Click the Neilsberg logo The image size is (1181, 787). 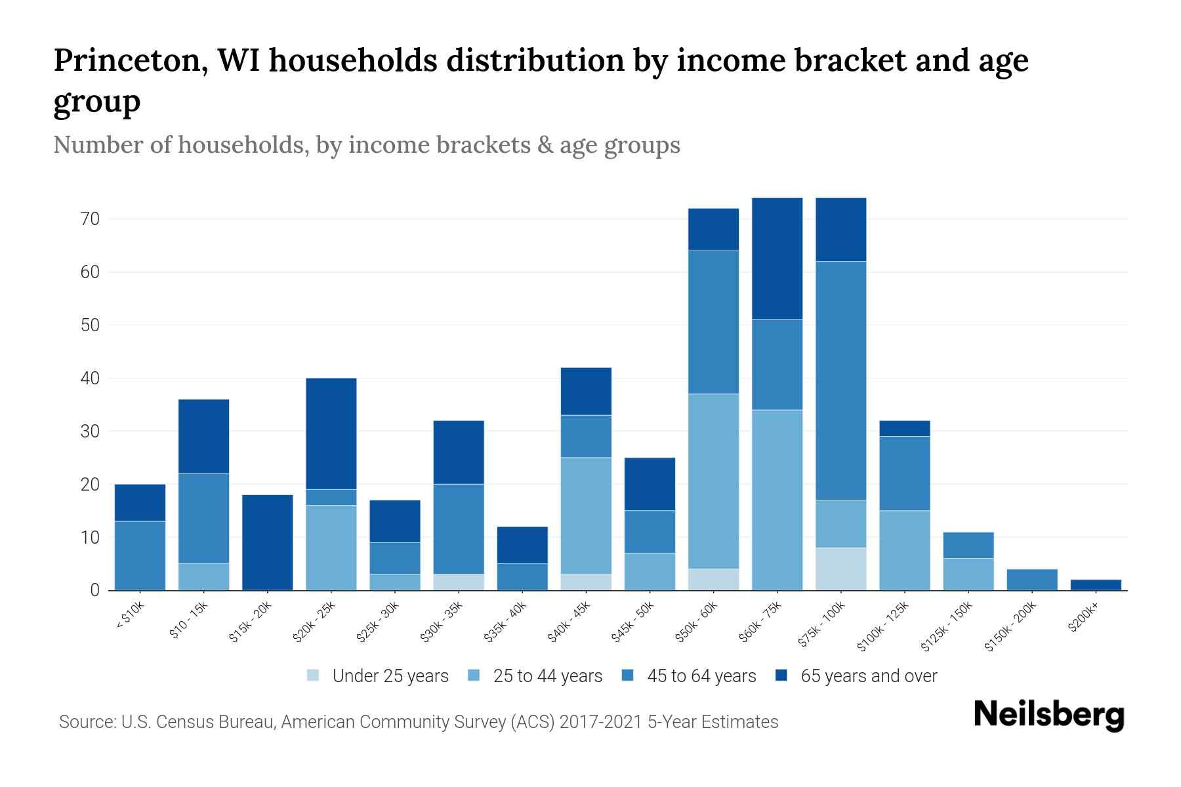[x=1048, y=715]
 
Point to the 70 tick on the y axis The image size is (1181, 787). [x=91, y=219]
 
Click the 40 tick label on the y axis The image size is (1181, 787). [x=91, y=378]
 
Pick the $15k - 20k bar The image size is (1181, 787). [x=268, y=542]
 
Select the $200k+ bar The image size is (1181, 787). [x=1096, y=584]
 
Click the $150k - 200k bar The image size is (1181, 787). [x=1032, y=580]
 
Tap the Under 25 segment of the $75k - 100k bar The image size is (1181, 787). [x=841, y=569]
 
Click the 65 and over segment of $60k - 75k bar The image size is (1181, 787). [x=777, y=258]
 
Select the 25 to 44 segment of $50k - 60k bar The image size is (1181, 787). [x=713, y=481]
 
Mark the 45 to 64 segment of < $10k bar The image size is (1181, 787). [x=140, y=555]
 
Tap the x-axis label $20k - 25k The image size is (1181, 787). [x=314, y=622]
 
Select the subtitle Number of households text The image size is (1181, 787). [x=366, y=145]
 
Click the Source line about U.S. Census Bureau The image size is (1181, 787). [x=418, y=722]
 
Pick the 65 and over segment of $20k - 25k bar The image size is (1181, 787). [x=331, y=434]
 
